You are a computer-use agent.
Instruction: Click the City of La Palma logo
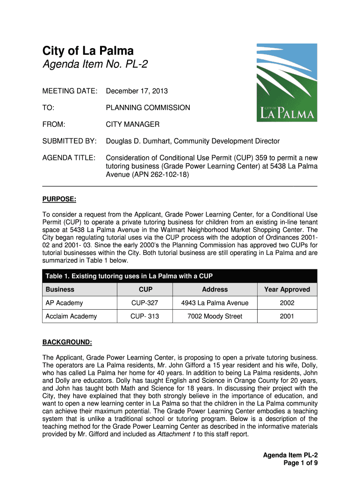[287, 82]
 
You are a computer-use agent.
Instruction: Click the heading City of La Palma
[88, 51]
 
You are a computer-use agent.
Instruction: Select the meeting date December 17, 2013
[137, 91]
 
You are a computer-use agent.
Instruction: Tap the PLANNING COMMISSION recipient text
[148, 108]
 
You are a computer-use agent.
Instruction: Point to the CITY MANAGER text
[132, 124]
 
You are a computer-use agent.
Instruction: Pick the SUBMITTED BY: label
[70, 141]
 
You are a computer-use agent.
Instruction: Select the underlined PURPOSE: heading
[59, 199]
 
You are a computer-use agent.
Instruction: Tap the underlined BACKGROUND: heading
[67, 342]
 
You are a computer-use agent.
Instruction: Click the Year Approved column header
[287, 290]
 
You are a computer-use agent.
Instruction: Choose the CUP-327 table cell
[144, 303]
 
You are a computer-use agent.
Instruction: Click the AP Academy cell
[64, 303]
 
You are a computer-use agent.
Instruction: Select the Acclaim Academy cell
[71, 316]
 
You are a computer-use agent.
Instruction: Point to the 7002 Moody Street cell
[215, 316]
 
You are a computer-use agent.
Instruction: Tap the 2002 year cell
[287, 303]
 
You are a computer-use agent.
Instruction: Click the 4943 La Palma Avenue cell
[215, 303]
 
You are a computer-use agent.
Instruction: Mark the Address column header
[215, 290]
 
